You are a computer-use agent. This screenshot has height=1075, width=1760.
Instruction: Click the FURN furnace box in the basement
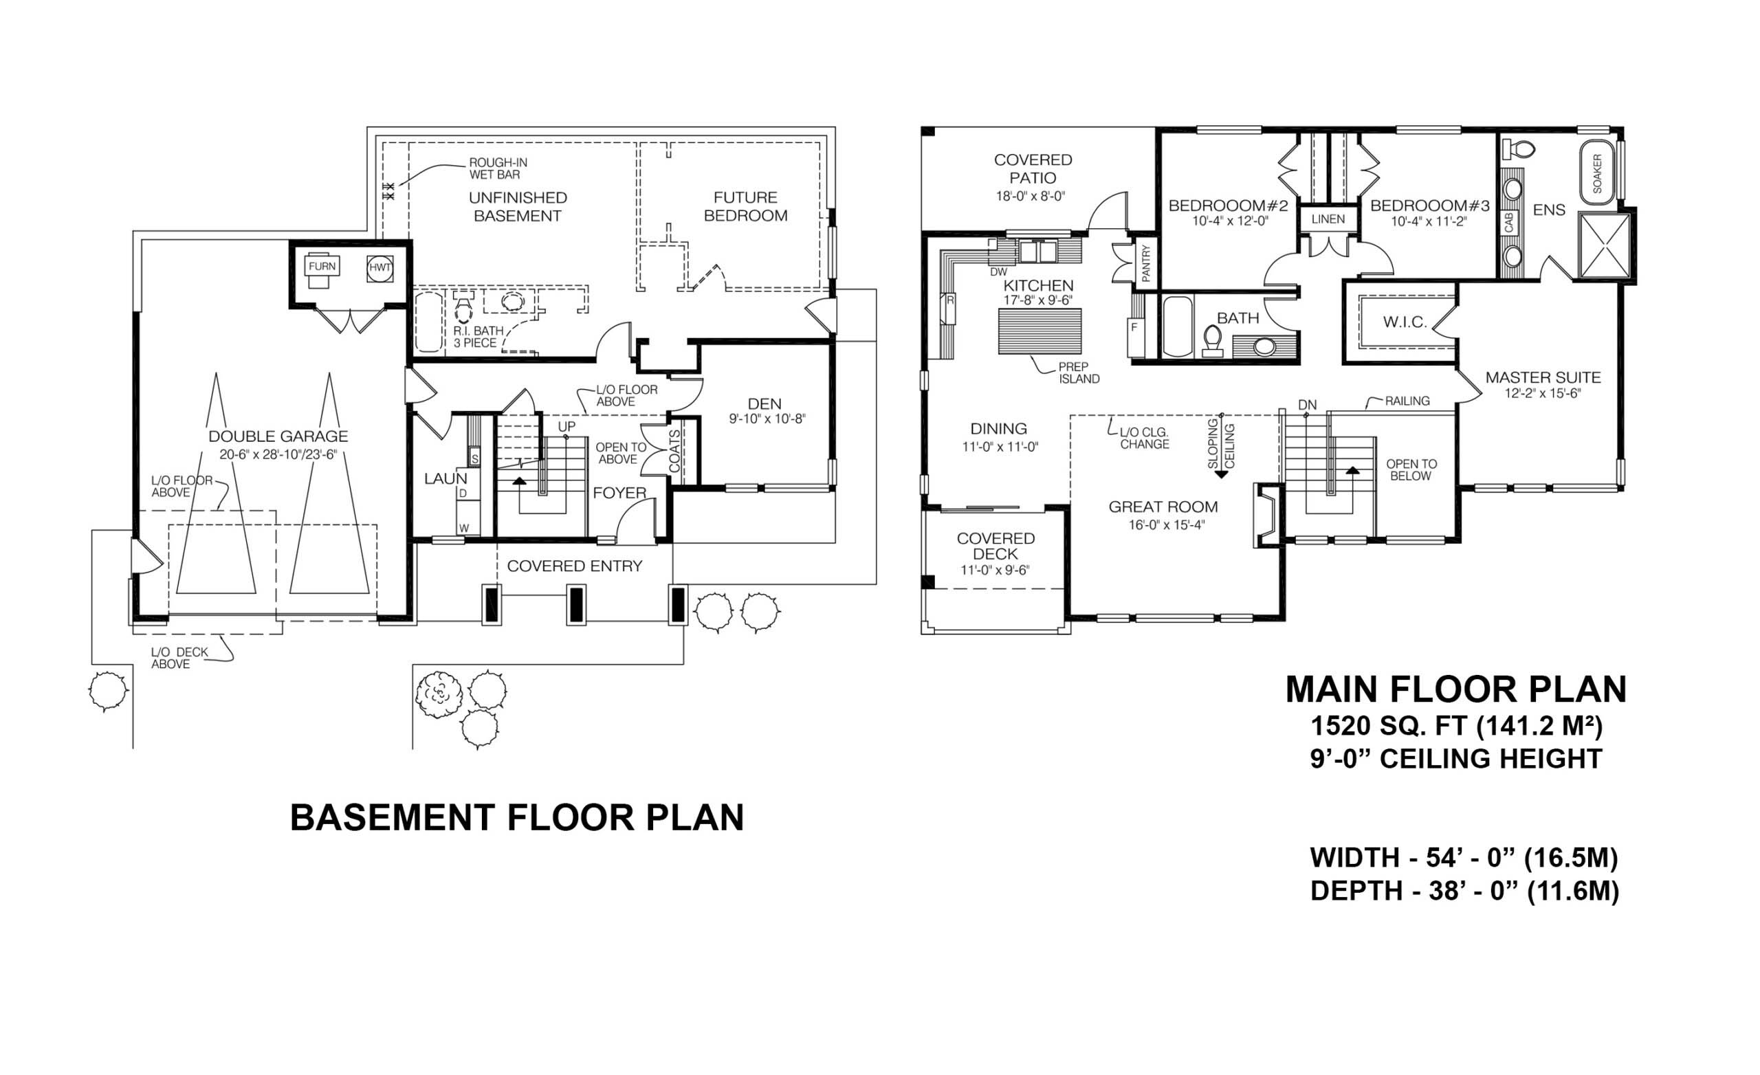[x=322, y=267]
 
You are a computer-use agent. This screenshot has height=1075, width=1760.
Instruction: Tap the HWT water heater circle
[x=380, y=268]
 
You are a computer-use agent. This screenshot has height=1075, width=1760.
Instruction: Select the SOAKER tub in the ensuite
[x=1596, y=174]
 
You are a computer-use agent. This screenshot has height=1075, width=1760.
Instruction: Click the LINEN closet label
[x=1328, y=219]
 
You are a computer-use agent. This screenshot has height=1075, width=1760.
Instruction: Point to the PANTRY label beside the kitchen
[x=1145, y=263]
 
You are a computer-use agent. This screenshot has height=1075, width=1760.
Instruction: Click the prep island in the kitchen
[x=1039, y=331]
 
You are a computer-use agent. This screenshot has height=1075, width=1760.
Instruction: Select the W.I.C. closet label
[x=1405, y=322]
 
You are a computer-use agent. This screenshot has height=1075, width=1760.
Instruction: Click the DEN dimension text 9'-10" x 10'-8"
[x=767, y=419]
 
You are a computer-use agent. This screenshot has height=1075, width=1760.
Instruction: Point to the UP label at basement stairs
[x=566, y=426]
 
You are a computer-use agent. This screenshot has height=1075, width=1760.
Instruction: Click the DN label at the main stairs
[x=1307, y=405]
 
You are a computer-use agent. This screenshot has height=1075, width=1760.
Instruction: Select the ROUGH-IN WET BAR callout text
[x=498, y=168]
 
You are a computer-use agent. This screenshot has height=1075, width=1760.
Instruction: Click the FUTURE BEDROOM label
[x=745, y=206]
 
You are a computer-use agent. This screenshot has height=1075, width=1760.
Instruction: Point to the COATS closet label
[x=675, y=451]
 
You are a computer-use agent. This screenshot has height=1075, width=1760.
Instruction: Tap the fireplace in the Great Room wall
[x=1266, y=516]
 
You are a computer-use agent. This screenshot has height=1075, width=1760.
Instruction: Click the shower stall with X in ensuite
[x=1605, y=245]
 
